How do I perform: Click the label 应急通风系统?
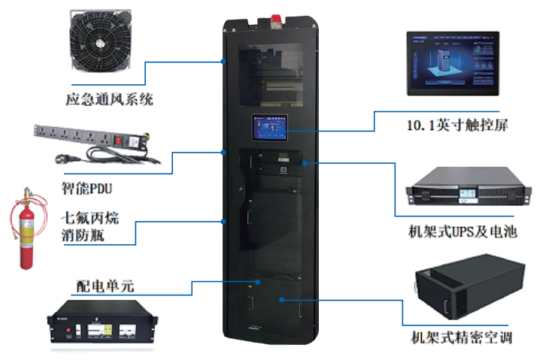tap(109, 99)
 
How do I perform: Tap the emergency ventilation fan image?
tap(101, 40)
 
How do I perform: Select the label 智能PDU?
tap(86, 188)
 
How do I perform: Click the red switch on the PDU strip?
tap(118, 141)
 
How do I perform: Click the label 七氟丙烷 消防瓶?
tap(90, 226)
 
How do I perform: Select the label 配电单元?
tap(105, 286)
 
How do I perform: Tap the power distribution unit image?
tap(102, 322)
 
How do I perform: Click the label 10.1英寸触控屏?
tap(457, 125)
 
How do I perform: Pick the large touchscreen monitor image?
tap(453, 63)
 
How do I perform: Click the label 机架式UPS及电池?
tap(462, 231)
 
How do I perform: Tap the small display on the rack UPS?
tap(468, 193)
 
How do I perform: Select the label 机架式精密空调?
tap(462, 337)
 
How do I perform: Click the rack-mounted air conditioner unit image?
tap(470, 286)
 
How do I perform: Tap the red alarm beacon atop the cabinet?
tap(276, 20)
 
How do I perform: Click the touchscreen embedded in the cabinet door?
tap(270, 127)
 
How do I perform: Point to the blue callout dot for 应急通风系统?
tap(223, 62)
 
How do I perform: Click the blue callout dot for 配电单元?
tap(258, 282)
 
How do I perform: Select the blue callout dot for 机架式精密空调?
tap(281, 300)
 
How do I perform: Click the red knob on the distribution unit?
tap(68, 330)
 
